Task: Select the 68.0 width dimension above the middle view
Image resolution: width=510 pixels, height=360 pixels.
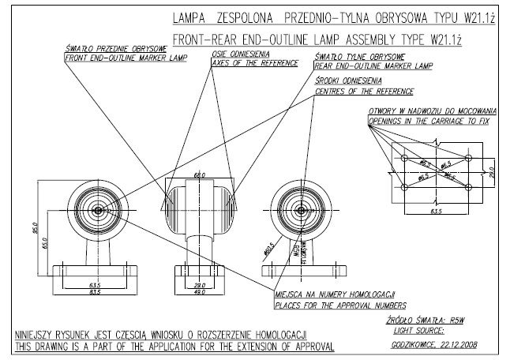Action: [x=200, y=175]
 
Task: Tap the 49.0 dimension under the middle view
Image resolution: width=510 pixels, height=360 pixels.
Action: [x=200, y=291]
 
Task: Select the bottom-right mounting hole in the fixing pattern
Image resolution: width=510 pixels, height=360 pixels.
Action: [x=469, y=186]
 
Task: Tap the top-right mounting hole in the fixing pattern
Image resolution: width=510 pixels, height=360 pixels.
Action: [x=469, y=159]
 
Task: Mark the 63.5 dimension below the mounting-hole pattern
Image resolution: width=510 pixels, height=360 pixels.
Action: [x=436, y=212]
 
